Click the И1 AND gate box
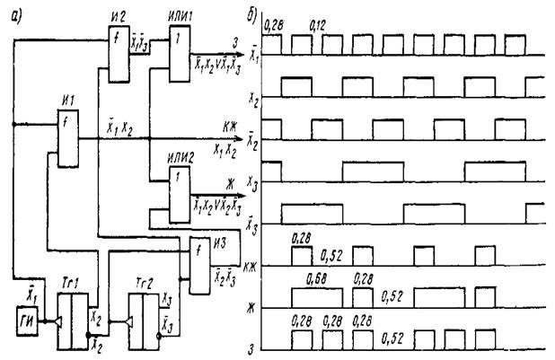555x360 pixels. (x=66, y=136)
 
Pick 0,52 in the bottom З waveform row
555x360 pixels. (x=392, y=338)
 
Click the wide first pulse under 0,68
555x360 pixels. (x=319, y=296)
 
